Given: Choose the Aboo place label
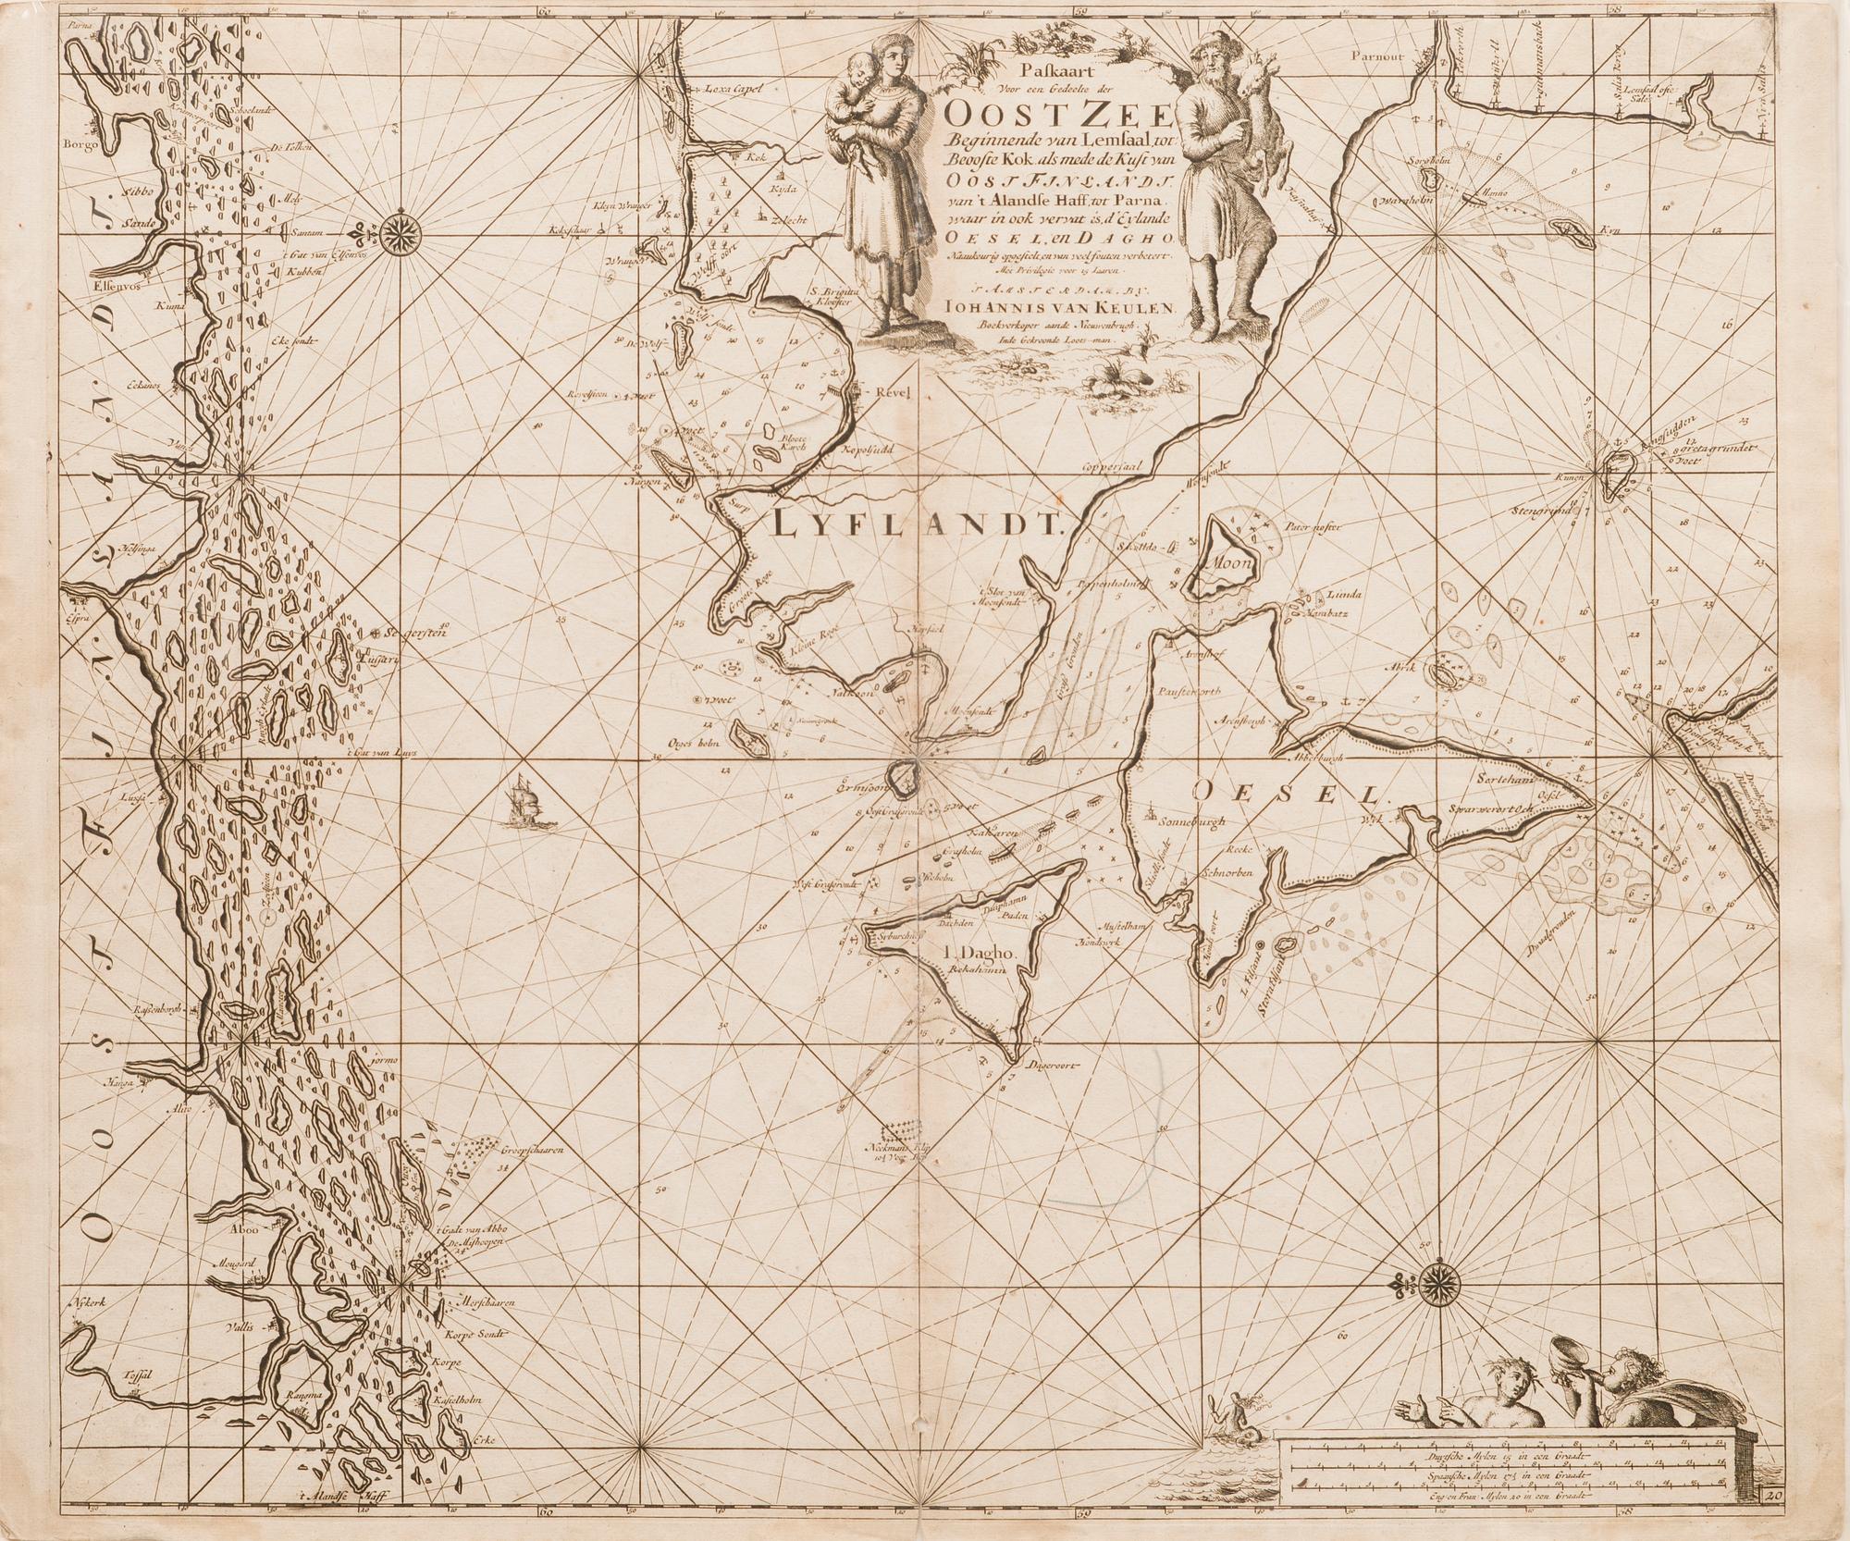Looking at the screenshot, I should click(x=227, y=1231).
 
